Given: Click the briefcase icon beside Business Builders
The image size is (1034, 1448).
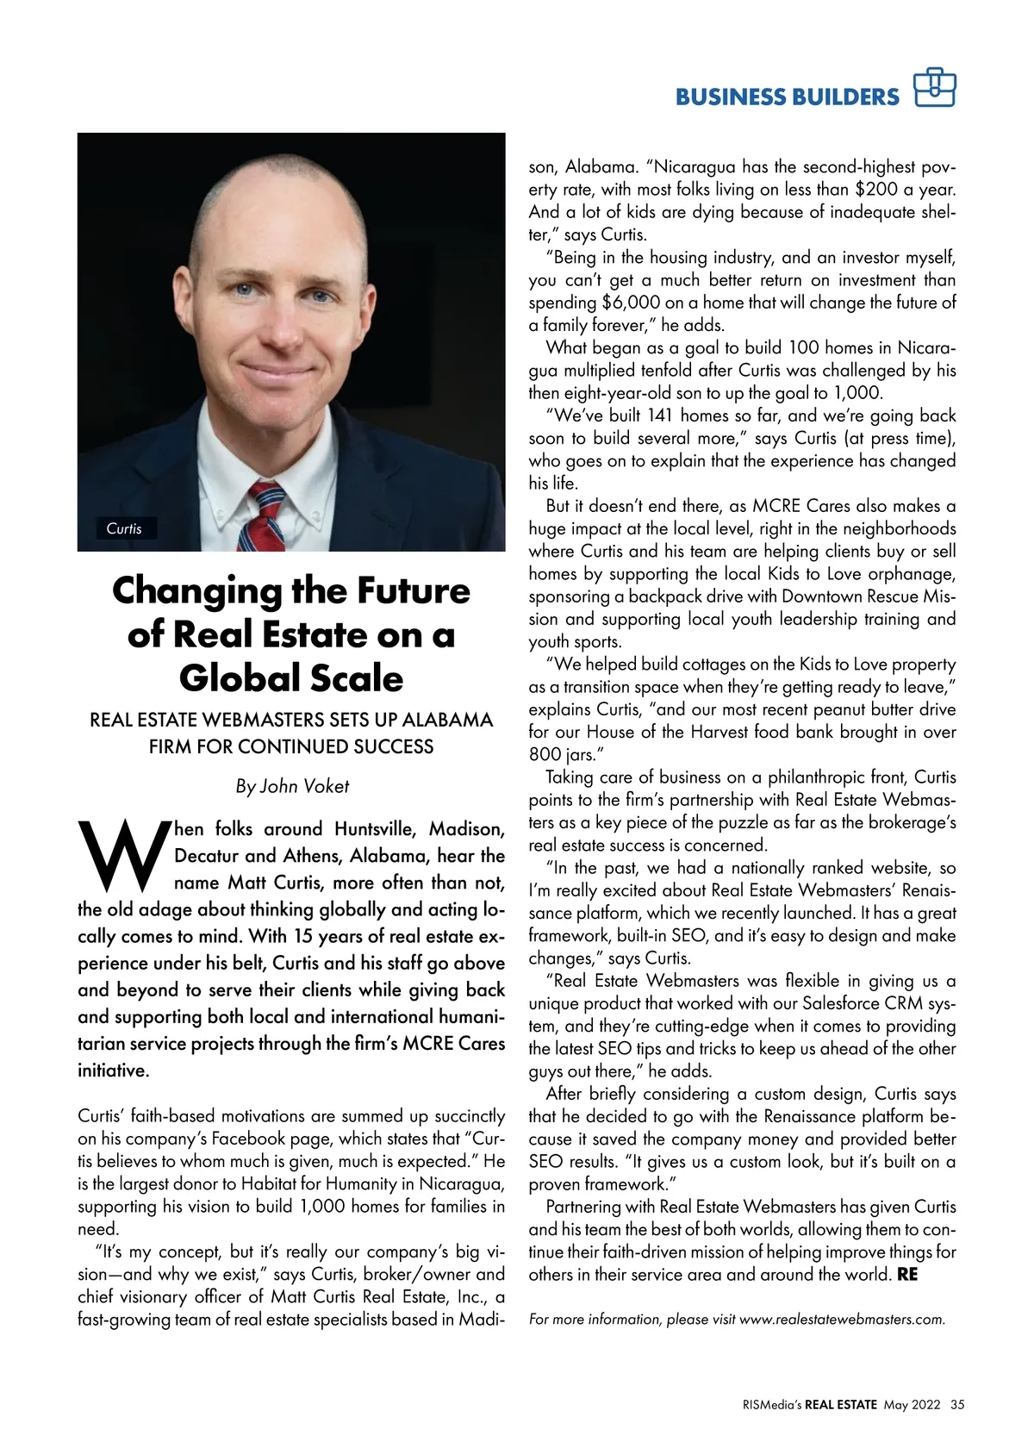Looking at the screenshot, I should click(935, 87).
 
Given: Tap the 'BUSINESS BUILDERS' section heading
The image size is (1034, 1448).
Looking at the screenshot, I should click(787, 97).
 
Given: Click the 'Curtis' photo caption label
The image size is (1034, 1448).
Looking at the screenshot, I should click(124, 528).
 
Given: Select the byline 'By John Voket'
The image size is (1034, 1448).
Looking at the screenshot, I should click(292, 786).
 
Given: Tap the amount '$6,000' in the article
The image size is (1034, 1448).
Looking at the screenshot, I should click(632, 303).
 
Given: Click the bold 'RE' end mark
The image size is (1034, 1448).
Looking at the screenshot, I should click(907, 1275).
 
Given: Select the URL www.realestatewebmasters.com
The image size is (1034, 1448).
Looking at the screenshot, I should click(841, 1319).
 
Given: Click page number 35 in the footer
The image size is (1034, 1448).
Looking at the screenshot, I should click(957, 1404).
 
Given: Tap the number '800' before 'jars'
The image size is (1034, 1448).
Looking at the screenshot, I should click(544, 755).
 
